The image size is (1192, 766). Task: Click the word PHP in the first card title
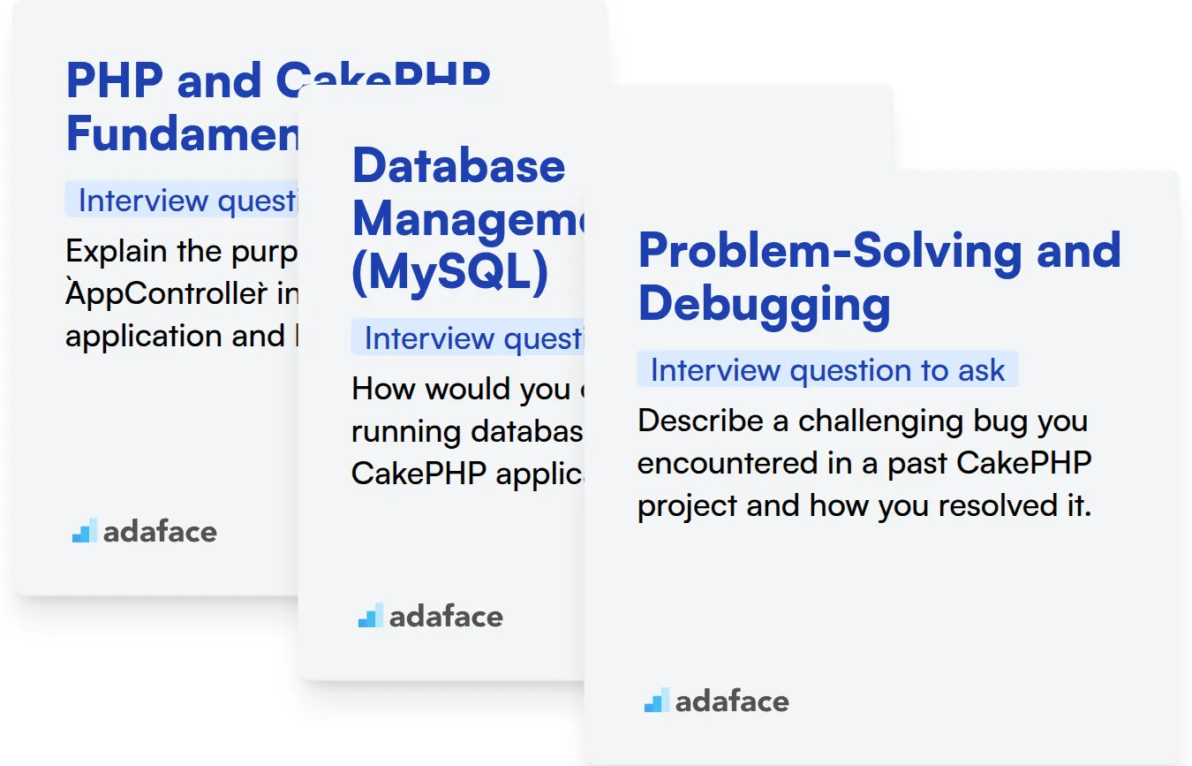[x=115, y=80]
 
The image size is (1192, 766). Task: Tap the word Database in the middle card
[x=458, y=165]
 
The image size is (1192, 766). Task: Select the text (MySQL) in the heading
[x=449, y=273]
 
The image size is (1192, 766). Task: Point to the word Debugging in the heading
[x=764, y=303]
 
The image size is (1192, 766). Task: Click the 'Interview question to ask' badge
[x=827, y=370]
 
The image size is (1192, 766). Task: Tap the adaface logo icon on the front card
[x=656, y=702]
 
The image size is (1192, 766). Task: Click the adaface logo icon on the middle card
[x=370, y=616]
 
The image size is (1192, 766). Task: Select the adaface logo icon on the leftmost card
[x=84, y=531]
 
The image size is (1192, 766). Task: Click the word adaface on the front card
[x=732, y=702]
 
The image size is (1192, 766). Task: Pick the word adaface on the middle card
[x=446, y=617]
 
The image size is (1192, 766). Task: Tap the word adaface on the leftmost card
[x=160, y=532]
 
